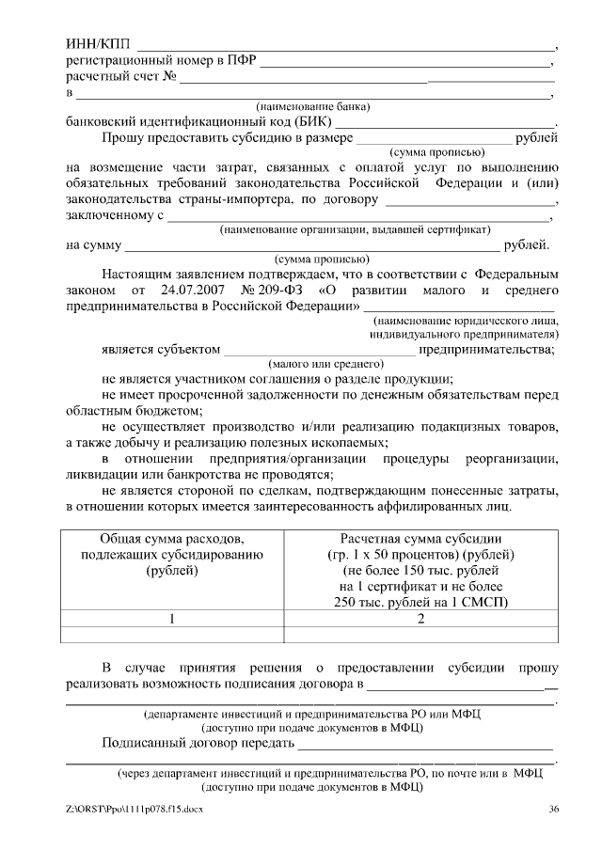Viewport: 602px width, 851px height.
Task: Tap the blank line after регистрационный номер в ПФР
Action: click(404, 63)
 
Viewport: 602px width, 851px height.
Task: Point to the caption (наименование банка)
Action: click(312, 106)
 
